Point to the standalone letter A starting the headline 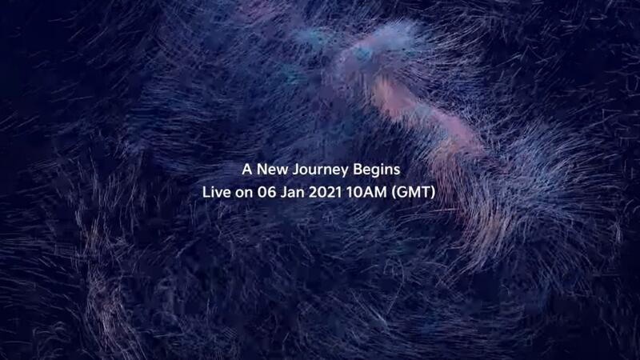pos(247,170)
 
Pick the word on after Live pos(244,194)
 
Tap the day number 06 pos(267,192)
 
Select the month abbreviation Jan pos(293,192)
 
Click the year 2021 pos(325,192)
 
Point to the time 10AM pos(366,192)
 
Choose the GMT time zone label pos(413,192)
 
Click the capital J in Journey pos(297,170)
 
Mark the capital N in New pos(262,170)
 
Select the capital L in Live pos(206,192)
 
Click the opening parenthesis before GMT pos(394,193)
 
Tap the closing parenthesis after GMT pos(433,193)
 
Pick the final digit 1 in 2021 pos(338,192)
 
